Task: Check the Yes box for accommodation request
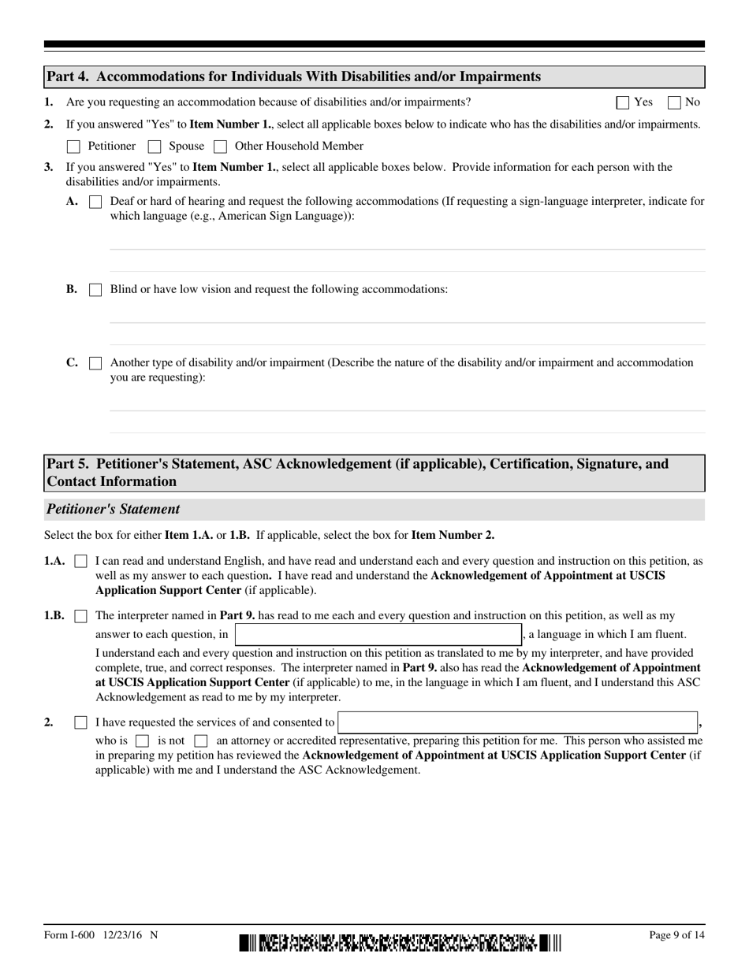[623, 102]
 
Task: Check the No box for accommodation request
[674, 102]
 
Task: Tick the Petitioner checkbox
[74, 147]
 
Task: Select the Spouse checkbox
[155, 147]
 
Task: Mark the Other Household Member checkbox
[221, 147]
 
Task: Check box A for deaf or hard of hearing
[95, 202]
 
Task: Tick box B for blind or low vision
[95, 290]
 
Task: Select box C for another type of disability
[95, 363]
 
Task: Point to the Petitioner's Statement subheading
[114, 509]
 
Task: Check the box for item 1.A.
[80, 562]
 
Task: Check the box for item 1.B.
[80, 616]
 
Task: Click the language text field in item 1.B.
[378, 634]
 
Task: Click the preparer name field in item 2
[518, 722]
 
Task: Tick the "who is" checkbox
[142, 741]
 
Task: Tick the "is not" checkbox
[200, 741]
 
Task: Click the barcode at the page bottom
[401, 942]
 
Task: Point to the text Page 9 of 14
[676, 935]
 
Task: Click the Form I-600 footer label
[101, 935]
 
